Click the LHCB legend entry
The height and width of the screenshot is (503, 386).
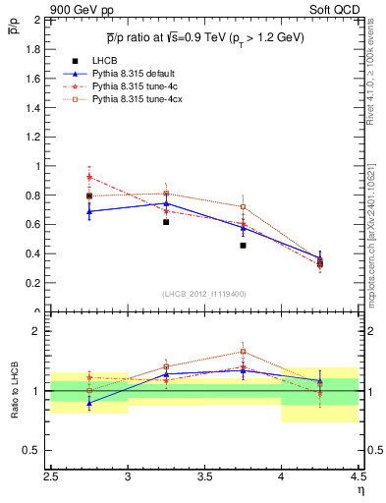pyautogui.click(x=104, y=61)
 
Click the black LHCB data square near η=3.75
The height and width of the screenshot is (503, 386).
pyautogui.click(x=243, y=246)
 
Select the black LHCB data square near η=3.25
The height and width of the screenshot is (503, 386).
pyautogui.click(x=166, y=222)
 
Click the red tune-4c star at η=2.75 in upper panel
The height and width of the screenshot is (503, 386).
pyautogui.click(x=89, y=178)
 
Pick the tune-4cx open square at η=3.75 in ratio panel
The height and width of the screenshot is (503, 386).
pyautogui.click(x=243, y=351)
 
